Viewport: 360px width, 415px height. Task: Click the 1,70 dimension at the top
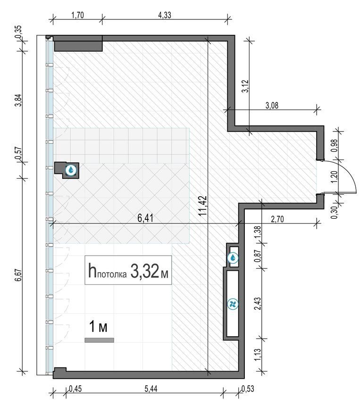(x=77, y=15)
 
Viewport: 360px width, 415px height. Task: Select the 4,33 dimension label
(x=165, y=15)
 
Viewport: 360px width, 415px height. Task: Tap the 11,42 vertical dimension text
(x=202, y=206)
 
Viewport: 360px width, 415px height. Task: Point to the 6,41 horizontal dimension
(x=145, y=218)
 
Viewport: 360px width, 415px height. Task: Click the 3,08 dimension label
(x=272, y=106)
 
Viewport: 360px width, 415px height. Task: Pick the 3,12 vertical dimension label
(x=246, y=86)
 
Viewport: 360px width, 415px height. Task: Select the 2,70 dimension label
(x=277, y=219)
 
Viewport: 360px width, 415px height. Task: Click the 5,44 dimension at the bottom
(x=151, y=389)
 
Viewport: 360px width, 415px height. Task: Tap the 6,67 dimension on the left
(x=18, y=275)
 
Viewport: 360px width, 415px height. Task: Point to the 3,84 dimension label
(x=18, y=100)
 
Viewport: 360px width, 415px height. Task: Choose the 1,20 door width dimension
(x=335, y=177)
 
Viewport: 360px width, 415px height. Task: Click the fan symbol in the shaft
(x=233, y=304)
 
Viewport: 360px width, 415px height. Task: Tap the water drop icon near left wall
(x=71, y=170)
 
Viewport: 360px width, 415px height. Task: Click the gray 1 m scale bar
(x=99, y=340)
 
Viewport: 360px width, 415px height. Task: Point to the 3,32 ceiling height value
(x=144, y=271)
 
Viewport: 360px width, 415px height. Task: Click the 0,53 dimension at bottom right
(x=248, y=389)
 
